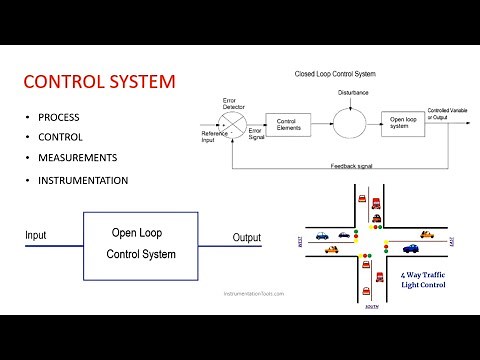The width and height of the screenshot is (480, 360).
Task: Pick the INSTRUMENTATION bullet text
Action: coord(83,181)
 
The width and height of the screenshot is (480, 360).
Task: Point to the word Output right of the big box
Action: coord(246,238)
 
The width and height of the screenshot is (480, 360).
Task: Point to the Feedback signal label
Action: coord(350,164)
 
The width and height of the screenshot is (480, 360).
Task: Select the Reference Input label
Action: coord(214,137)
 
